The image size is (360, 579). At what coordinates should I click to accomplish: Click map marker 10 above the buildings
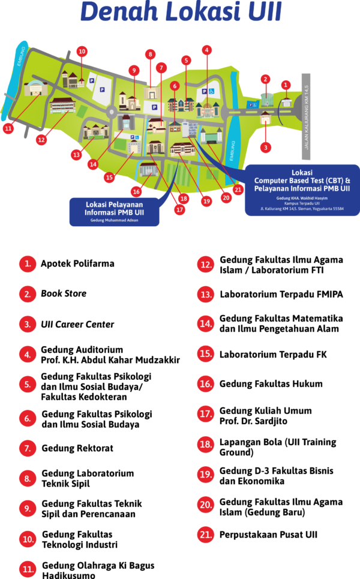[82, 51]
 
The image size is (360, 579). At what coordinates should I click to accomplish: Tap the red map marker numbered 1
[286, 85]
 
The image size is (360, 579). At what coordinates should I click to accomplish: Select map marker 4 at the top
[207, 50]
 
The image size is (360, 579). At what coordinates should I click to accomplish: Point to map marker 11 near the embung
[8, 128]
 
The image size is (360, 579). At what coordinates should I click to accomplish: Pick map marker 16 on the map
[137, 192]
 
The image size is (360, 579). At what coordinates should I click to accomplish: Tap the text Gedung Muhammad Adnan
[114, 220]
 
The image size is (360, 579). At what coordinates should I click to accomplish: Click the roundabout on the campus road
[111, 112]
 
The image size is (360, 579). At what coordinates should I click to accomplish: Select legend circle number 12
[206, 265]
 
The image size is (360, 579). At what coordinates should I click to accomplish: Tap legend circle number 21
[206, 535]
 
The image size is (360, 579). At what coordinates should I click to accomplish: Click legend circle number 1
[28, 263]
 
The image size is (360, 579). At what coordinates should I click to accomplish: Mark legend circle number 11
[28, 569]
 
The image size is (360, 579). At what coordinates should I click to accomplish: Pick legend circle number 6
[28, 418]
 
